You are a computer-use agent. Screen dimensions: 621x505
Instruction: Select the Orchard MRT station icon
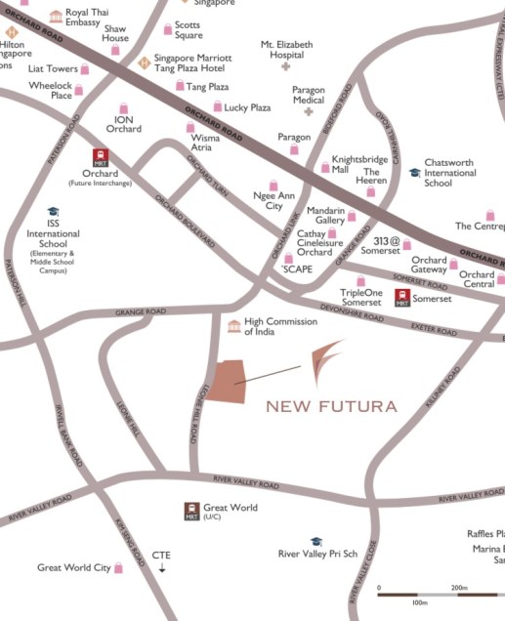[x=100, y=158]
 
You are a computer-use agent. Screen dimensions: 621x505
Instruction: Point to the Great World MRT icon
[x=191, y=510]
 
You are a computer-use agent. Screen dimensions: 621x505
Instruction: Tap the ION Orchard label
[x=123, y=123]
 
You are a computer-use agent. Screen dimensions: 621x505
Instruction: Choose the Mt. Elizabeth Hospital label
[x=286, y=50]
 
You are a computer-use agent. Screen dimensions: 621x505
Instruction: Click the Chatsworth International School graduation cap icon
[x=415, y=172]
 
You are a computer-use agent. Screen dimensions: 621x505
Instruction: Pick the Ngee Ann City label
[x=274, y=200]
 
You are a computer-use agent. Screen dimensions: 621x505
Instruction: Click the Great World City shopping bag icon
[x=119, y=567]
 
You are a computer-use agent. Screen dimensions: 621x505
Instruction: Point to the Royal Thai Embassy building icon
[x=56, y=17]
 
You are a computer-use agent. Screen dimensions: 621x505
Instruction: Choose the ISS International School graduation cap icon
[x=53, y=212]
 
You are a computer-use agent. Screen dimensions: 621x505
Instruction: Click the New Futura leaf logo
[x=321, y=363]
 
